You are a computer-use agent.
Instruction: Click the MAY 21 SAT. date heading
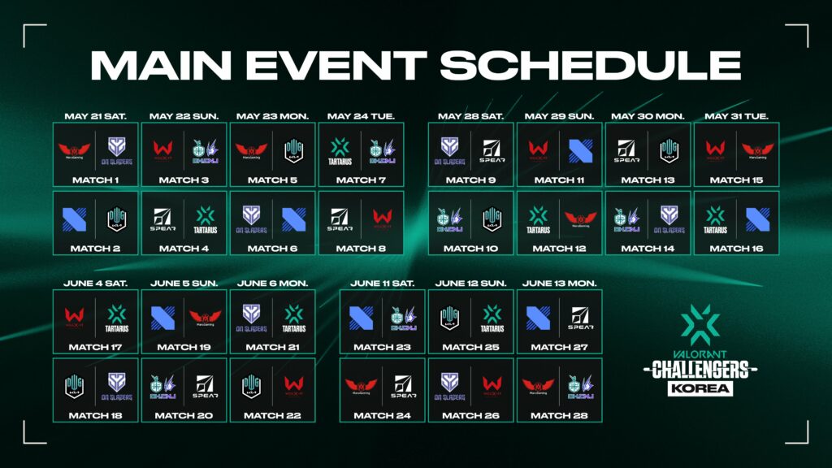click(x=96, y=116)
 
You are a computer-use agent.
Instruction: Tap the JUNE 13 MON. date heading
click(x=560, y=283)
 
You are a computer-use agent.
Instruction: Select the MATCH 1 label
click(x=96, y=180)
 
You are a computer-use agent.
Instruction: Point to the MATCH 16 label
click(x=736, y=249)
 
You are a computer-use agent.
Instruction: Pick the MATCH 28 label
click(x=560, y=415)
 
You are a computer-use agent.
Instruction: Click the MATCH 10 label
click(x=471, y=249)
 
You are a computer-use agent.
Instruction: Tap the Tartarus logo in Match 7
click(x=339, y=150)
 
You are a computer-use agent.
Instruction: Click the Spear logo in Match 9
click(x=492, y=150)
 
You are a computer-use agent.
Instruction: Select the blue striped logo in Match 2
click(x=75, y=219)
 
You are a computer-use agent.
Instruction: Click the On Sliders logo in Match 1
click(x=118, y=150)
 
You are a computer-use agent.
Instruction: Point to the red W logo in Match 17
click(x=75, y=317)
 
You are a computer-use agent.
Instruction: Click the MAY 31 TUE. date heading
click(x=736, y=116)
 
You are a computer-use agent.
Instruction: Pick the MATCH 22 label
click(x=272, y=415)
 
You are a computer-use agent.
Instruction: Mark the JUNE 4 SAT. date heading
click(x=96, y=283)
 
